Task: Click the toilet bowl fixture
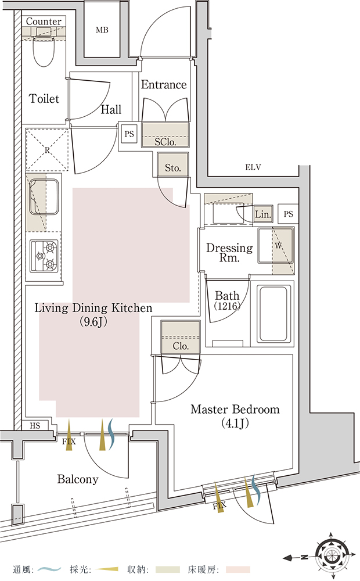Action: [44, 51]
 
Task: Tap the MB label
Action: [102, 30]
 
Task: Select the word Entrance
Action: [164, 84]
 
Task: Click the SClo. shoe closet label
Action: [165, 142]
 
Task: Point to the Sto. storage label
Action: [172, 168]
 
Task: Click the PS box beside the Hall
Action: [129, 134]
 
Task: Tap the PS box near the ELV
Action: [288, 214]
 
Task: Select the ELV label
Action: [253, 167]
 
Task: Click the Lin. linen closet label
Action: [263, 214]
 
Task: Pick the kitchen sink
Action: [44, 197]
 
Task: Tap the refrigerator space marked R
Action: [47, 150]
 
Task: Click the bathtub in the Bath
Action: [273, 314]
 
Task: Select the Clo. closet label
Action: [181, 346]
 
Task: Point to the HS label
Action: [35, 426]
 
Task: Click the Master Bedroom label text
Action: [235, 410]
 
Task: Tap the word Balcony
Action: [78, 479]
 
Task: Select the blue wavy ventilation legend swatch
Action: [49, 569]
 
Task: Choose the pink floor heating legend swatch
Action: [238, 569]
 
